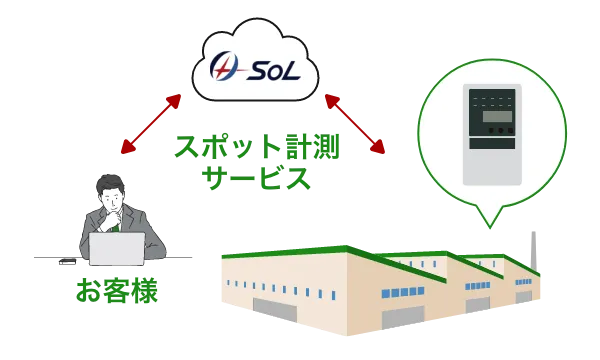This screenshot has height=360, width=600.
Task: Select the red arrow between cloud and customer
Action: coord(151,125)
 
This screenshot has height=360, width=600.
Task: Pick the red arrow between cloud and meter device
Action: coord(355,125)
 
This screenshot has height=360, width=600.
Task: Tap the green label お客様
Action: coord(115,292)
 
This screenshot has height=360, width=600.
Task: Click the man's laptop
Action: coord(117,248)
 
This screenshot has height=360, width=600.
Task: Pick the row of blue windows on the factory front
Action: coord(260,283)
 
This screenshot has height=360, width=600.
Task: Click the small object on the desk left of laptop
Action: coord(66,264)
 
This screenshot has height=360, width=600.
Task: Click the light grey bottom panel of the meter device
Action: coord(493,165)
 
